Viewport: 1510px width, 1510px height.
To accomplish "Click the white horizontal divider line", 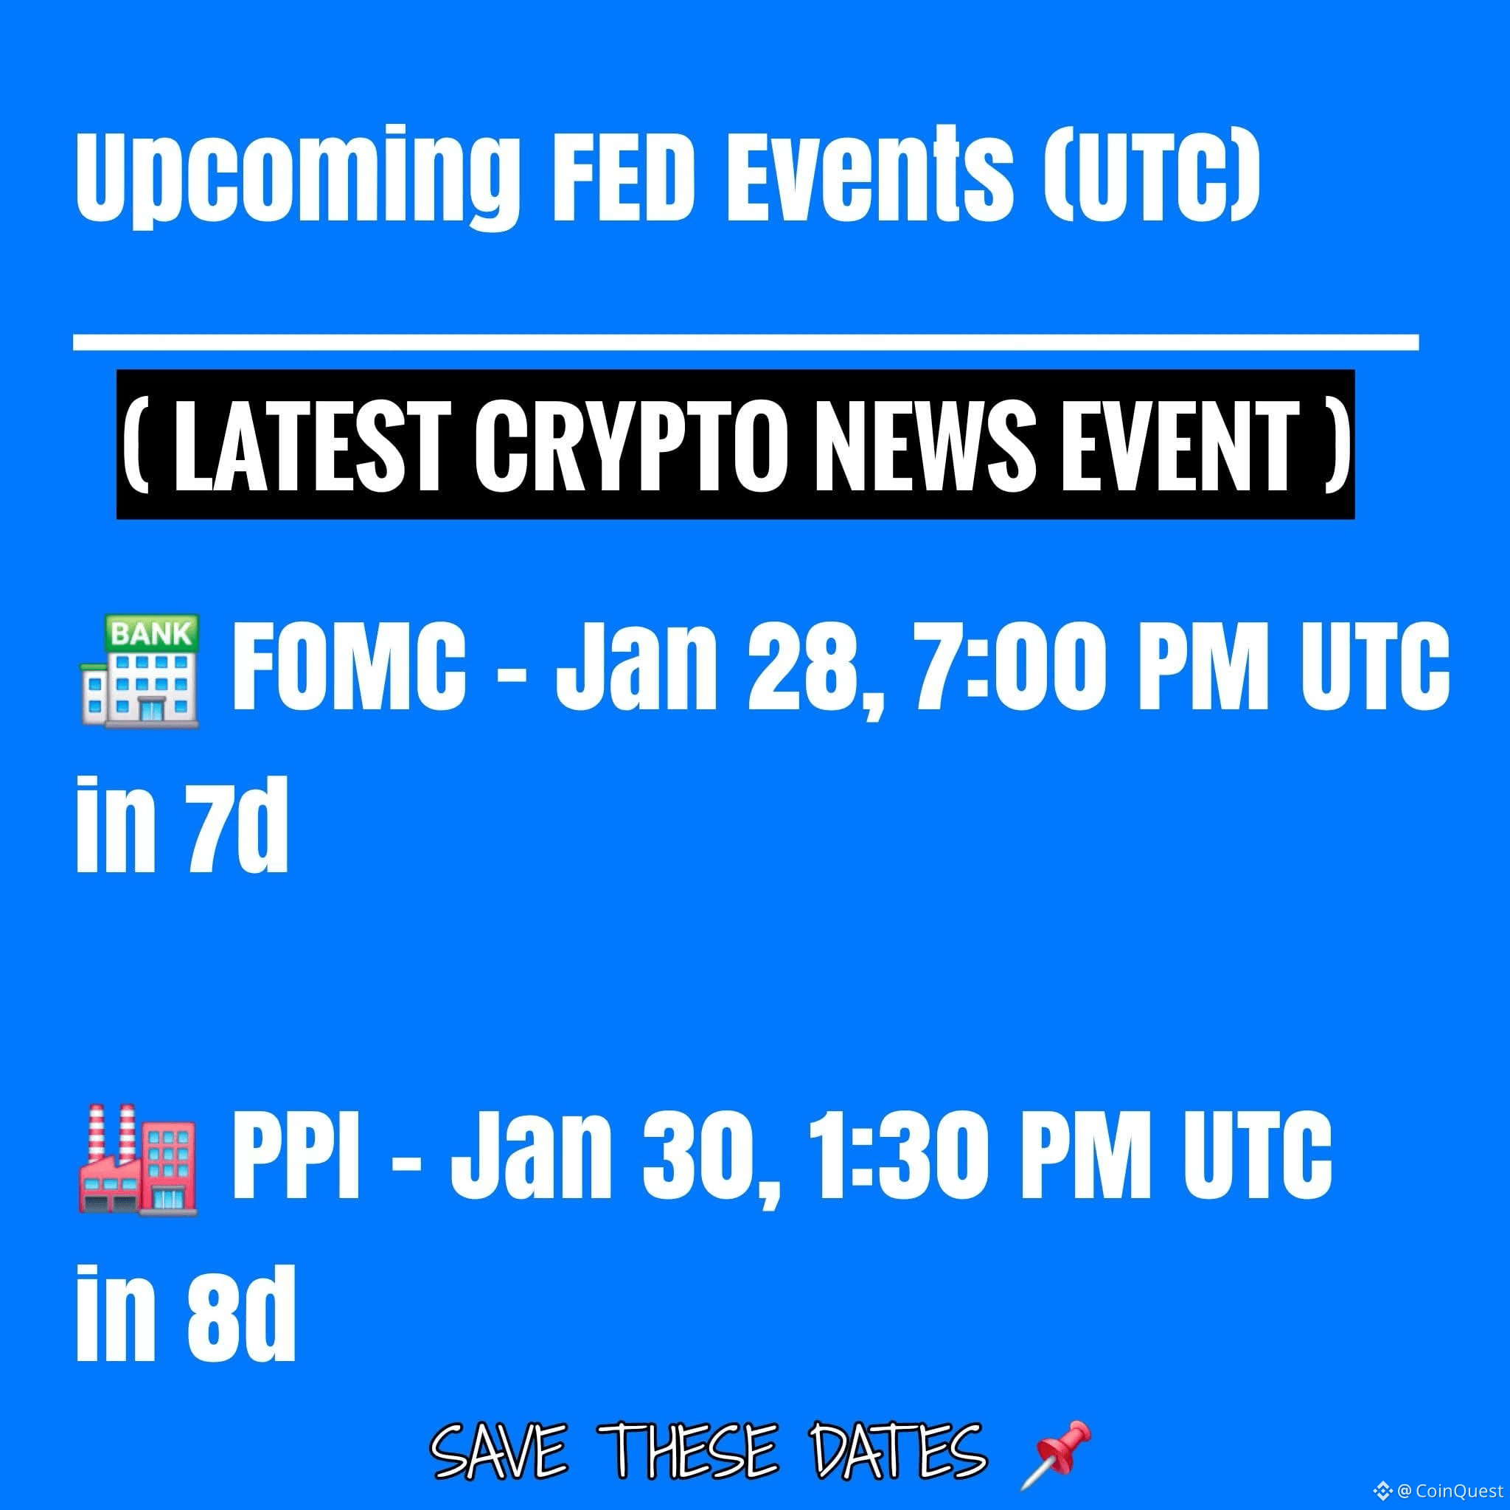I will (x=745, y=341).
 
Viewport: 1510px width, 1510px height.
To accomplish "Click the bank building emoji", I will (x=140, y=672).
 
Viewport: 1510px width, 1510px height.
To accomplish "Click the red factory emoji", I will (x=139, y=1159).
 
